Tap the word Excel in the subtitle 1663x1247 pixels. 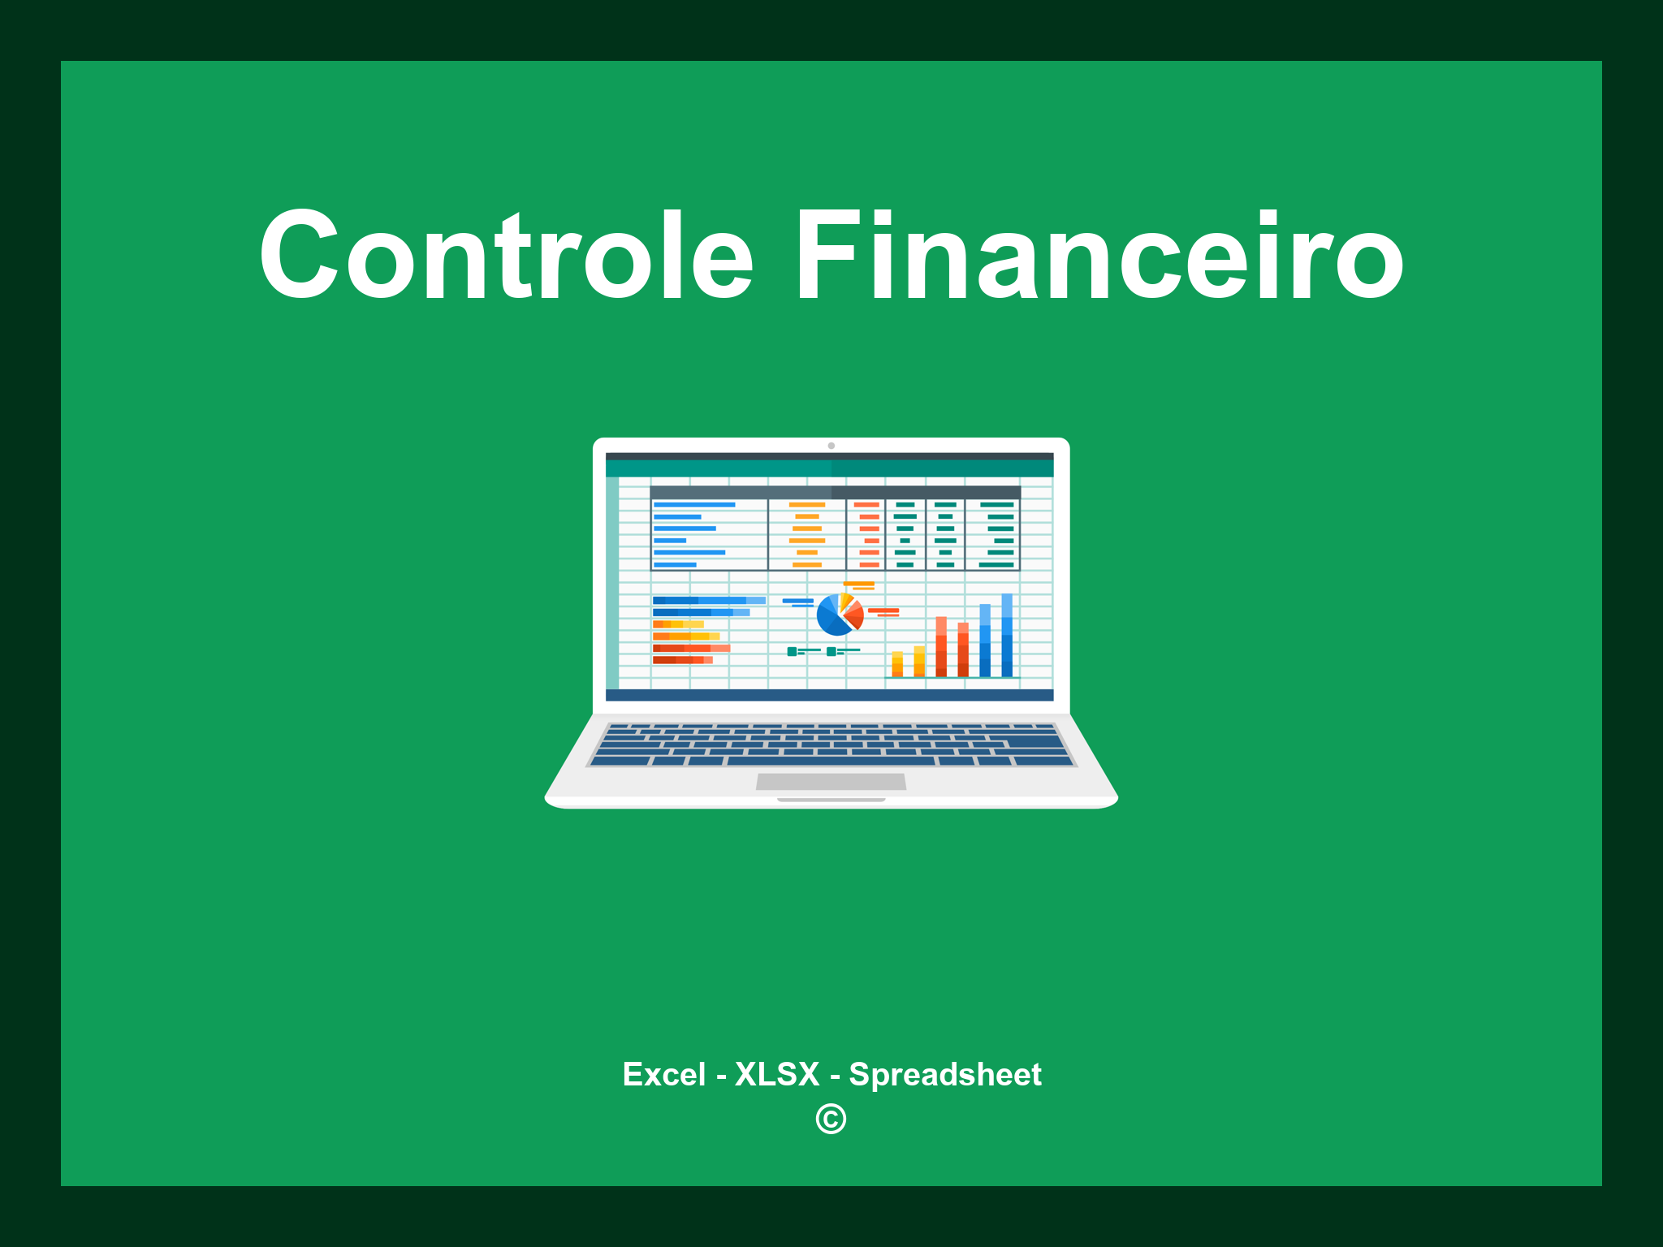click(663, 1074)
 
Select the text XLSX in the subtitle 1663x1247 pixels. click(777, 1074)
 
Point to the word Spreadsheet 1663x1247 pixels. click(944, 1074)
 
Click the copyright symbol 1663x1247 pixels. click(831, 1120)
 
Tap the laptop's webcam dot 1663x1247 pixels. click(831, 446)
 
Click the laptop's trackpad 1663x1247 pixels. click(831, 782)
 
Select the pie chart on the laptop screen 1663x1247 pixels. click(839, 615)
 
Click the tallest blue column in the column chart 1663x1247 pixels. click(1007, 635)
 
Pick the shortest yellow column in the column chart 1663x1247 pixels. click(897, 663)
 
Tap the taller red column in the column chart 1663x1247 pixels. click(941, 646)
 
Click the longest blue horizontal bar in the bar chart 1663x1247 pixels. click(708, 600)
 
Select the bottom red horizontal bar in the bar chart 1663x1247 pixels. click(682, 660)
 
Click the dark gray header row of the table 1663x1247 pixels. click(835, 492)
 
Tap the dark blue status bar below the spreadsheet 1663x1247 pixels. click(829, 695)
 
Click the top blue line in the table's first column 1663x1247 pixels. click(694, 505)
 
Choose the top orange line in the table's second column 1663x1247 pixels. click(806, 505)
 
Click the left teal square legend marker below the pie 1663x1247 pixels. click(792, 651)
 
